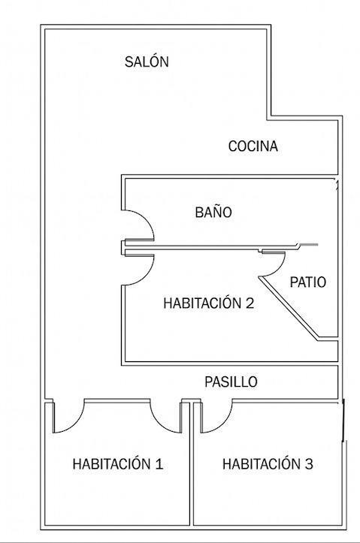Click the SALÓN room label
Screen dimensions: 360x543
tap(147, 62)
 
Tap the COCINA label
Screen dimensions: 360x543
tap(253, 146)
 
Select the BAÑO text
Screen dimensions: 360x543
tap(213, 212)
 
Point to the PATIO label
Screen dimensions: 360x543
tap(308, 282)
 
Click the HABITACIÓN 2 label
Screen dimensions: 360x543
tap(209, 303)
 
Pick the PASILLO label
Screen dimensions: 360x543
tap(231, 382)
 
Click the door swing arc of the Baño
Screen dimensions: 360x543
tap(149, 222)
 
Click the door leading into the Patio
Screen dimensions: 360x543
tap(279, 267)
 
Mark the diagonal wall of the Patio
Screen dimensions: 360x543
tap(289, 306)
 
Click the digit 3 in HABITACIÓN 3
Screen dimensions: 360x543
tap(309, 463)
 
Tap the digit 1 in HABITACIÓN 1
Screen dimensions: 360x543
tap(159, 463)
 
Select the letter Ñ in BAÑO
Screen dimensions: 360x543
tap(213, 211)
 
